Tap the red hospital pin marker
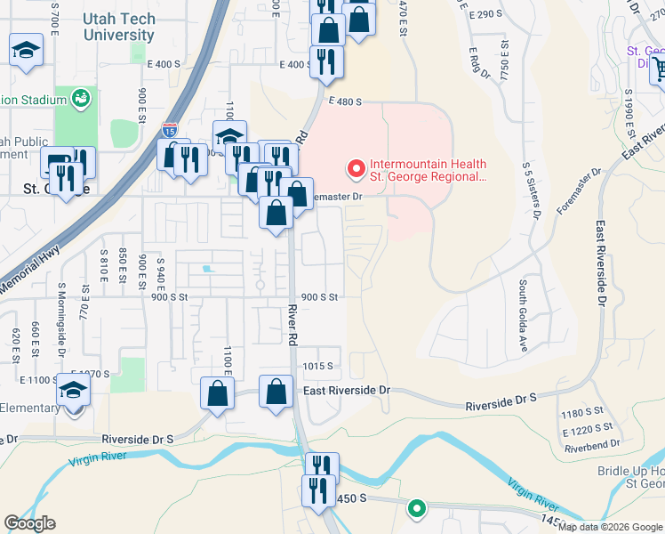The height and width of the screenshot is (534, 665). tap(356, 167)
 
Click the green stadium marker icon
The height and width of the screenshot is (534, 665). tap(82, 96)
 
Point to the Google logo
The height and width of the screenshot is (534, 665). tap(29, 522)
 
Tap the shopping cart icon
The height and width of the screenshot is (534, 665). tap(659, 69)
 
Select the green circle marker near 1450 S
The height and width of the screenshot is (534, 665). tap(415, 509)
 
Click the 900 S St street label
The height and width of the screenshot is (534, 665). tap(320, 298)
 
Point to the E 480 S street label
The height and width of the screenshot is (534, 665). tap(344, 102)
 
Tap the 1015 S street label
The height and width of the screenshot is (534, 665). tap(317, 366)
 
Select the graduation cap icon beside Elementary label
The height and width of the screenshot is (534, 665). tap(74, 392)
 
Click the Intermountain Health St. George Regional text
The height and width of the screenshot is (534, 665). tap(427, 170)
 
